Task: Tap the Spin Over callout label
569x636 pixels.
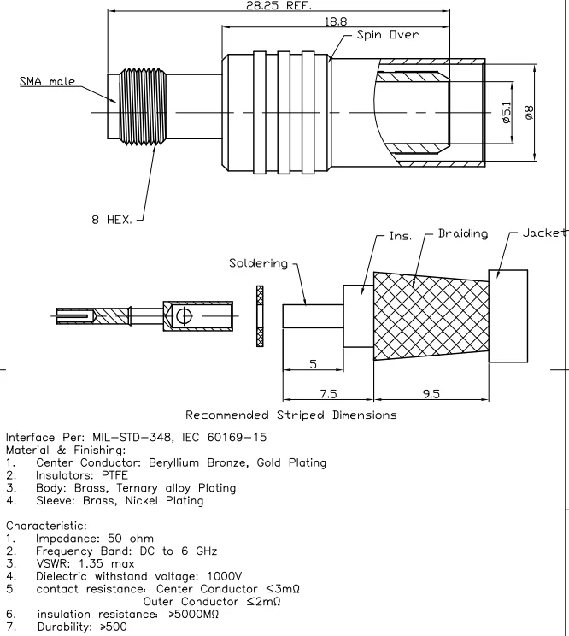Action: click(x=391, y=36)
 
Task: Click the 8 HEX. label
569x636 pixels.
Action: click(x=111, y=220)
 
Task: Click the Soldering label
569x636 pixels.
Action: click(x=259, y=263)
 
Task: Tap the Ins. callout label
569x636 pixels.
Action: click(x=401, y=235)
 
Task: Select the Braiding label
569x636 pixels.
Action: click(x=464, y=233)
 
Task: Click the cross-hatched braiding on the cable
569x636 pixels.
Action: click(x=431, y=316)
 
